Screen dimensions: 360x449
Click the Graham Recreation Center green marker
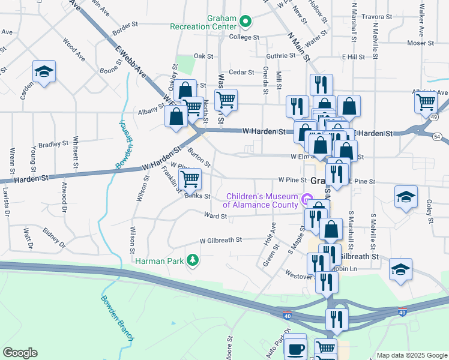click(x=245, y=22)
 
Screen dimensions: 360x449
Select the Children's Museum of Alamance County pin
click(x=307, y=199)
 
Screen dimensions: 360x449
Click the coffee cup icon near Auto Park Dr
click(x=295, y=348)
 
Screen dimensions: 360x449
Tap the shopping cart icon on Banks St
click(x=190, y=179)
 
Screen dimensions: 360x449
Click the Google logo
click(x=20, y=353)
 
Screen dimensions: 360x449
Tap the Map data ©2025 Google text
click(x=412, y=355)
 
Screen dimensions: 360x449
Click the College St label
click(x=244, y=37)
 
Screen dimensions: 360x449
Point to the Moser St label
click(x=420, y=43)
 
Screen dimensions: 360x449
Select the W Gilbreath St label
click(x=221, y=239)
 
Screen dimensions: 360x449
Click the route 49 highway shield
click(x=433, y=118)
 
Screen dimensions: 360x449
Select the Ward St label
click(x=214, y=215)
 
